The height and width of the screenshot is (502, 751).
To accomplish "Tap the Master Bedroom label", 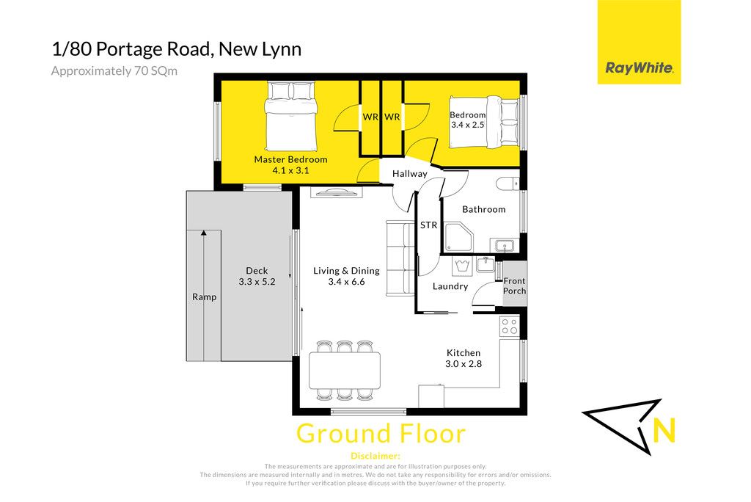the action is click(290, 160).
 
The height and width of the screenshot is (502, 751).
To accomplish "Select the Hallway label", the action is click(409, 173).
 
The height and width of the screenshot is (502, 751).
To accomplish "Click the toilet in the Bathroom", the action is click(508, 183).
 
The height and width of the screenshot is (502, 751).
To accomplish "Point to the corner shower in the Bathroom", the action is click(458, 236).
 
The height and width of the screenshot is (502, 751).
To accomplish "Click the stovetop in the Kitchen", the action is click(510, 326).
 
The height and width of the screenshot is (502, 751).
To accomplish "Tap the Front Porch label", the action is click(514, 285).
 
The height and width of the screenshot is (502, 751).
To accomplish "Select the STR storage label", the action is click(428, 225).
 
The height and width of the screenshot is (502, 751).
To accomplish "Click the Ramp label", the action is click(205, 297).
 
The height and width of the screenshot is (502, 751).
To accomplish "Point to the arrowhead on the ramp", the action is click(204, 233).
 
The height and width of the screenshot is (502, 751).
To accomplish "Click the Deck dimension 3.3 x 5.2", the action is click(257, 282).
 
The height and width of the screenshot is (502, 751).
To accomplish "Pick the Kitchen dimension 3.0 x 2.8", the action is click(464, 364).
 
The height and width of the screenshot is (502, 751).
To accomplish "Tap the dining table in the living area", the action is click(345, 370).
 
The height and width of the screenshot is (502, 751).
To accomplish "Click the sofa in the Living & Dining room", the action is click(400, 258).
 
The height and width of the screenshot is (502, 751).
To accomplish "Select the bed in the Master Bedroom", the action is click(291, 117).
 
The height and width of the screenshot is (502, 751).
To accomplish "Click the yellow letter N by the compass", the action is click(664, 430).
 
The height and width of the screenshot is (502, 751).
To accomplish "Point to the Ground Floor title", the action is click(381, 434).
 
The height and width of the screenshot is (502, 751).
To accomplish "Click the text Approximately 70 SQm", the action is click(114, 71).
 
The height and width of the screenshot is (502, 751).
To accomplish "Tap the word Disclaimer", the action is click(375, 456).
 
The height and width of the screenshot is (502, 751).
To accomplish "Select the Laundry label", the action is click(450, 286).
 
